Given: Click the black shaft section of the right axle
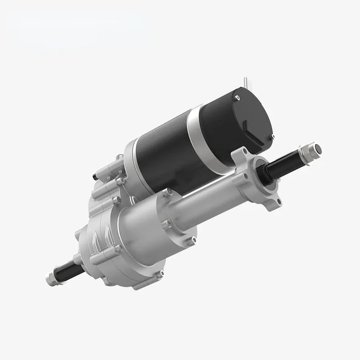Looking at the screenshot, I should pyautogui.click(x=288, y=160).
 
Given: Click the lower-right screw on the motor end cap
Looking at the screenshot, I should pyautogui.click(x=272, y=136).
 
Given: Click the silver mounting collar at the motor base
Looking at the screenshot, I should pyautogui.click(x=135, y=155).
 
